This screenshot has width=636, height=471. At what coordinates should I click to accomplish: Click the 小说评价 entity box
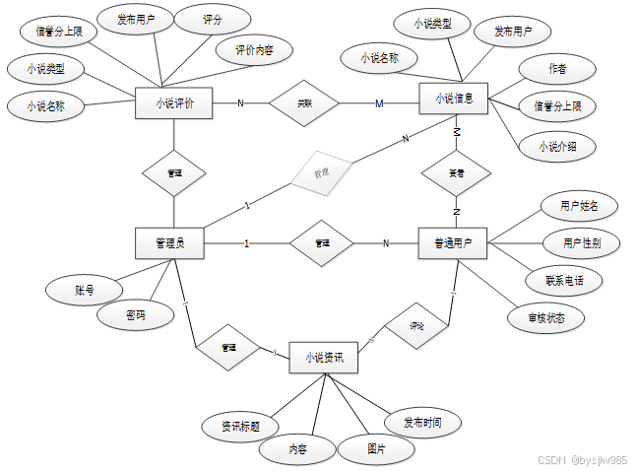click(173, 102)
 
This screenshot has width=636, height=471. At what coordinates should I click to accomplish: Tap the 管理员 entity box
click(168, 242)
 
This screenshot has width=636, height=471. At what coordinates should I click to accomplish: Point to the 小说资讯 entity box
click(324, 358)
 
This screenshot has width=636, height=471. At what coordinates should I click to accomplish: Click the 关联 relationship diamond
click(305, 102)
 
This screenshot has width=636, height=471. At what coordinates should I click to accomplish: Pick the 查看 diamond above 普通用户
click(455, 173)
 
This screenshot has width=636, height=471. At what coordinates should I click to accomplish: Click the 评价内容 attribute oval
click(254, 50)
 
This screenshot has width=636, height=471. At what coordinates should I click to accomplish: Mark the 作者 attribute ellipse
click(556, 69)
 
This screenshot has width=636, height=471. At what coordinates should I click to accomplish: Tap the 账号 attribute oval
click(85, 291)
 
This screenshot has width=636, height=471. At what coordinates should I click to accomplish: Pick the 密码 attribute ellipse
click(135, 315)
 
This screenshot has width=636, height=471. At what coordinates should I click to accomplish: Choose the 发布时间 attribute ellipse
click(422, 423)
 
